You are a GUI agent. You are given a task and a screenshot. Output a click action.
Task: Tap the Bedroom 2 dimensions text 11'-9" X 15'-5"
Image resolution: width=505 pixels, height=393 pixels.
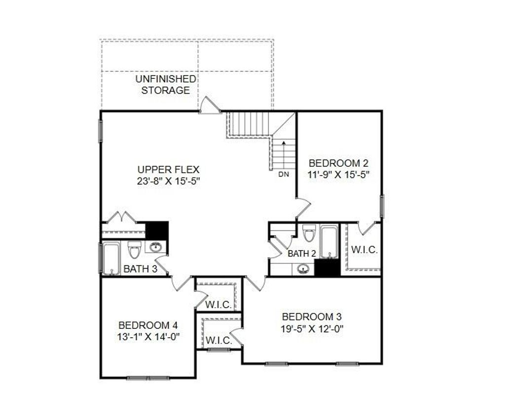338,174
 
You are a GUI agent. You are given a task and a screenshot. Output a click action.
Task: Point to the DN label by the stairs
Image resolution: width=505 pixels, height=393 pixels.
283,174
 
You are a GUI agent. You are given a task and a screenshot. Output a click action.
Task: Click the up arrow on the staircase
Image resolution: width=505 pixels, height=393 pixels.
284,145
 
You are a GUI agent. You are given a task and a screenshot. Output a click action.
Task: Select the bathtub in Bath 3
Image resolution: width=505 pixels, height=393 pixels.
111,258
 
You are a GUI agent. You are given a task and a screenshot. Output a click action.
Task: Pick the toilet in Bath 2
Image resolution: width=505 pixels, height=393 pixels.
309,233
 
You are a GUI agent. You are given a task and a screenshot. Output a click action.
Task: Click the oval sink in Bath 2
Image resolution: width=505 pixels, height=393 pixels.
303,269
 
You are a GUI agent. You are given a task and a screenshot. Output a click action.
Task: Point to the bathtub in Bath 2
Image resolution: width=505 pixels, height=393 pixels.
329,241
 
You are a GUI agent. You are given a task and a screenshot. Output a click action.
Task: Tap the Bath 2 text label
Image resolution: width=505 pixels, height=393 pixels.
301,254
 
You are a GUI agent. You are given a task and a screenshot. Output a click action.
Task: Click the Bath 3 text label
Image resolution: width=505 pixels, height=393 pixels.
140,269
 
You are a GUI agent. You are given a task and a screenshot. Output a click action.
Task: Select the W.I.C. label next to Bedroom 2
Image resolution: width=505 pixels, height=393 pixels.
364,250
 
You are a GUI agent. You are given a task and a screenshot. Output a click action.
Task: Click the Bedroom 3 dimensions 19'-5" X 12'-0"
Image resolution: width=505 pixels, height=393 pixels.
312,328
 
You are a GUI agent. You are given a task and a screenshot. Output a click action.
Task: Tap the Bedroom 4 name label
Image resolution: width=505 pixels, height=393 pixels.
148,325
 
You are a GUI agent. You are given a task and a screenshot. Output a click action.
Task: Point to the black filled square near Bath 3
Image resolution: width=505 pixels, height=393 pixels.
158,230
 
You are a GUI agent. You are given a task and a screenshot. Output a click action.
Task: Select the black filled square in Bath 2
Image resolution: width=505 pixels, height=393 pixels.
327,267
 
